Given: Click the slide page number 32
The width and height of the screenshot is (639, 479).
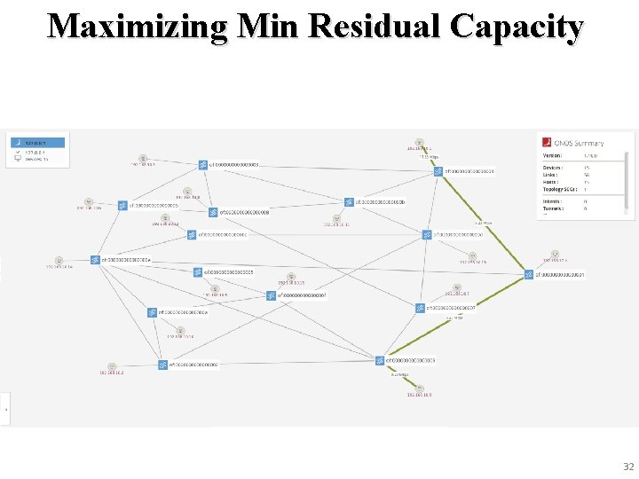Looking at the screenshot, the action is click(628, 467).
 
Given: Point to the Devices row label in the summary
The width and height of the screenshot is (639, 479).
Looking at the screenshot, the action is click(553, 167).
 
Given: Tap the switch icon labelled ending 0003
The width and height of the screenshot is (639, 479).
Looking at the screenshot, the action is click(380, 361).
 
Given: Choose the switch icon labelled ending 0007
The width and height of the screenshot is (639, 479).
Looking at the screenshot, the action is click(420, 308).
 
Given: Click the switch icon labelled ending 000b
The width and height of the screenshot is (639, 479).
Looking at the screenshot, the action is click(349, 202).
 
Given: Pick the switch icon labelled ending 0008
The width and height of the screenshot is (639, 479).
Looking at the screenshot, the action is click(213, 213).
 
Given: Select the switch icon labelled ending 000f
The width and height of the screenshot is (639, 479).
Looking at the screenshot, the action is click(272, 295).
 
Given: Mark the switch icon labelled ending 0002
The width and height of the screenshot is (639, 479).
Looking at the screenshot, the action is click(163, 364).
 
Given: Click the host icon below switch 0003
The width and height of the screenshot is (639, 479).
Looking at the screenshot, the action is click(419, 389).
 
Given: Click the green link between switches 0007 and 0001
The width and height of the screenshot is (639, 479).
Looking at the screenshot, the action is click(474, 291).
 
